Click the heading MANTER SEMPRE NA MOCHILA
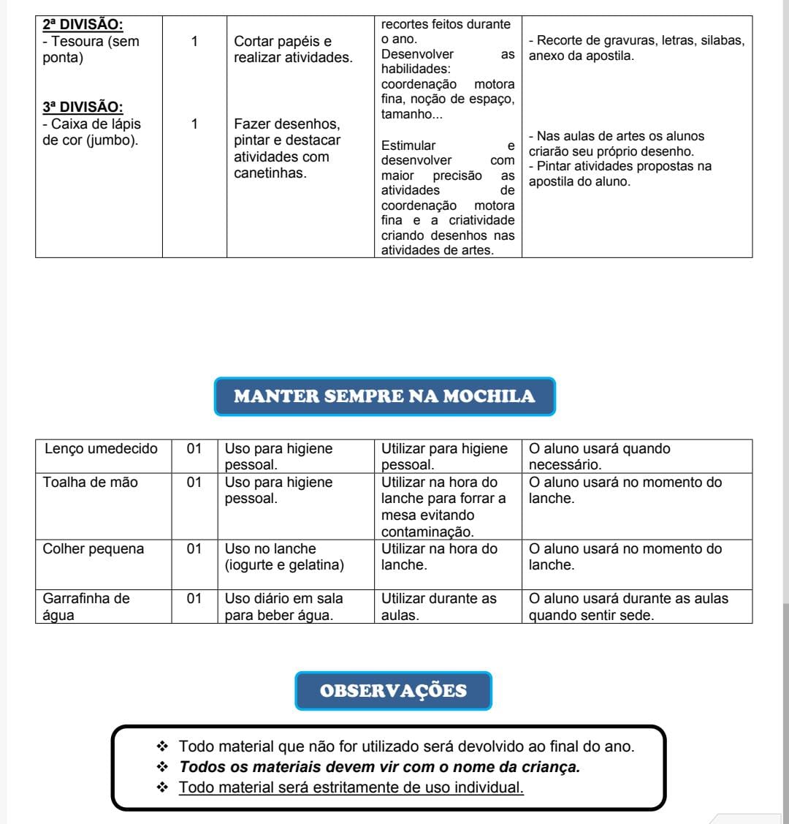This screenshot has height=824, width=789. (384, 396)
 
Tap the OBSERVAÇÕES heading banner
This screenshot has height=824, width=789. (393, 691)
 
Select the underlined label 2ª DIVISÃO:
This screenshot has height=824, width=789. (83, 25)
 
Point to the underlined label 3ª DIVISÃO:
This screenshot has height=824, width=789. (83, 107)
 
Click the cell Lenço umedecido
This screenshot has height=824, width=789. (101, 449)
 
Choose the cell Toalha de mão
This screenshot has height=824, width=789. (91, 483)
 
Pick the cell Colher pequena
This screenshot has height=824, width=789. (94, 549)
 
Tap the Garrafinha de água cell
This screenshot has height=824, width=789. (86, 606)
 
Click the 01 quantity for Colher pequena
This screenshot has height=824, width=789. (194, 549)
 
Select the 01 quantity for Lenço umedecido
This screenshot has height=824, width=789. (194, 449)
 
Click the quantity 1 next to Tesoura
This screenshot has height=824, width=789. (194, 42)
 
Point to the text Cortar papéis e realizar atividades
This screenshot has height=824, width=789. (293, 50)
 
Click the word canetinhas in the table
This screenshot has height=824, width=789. (270, 174)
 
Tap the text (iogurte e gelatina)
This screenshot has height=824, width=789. (284, 565)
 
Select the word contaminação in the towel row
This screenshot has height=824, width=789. (427, 532)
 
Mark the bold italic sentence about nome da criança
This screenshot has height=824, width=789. (379, 767)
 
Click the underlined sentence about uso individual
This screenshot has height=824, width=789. (351, 787)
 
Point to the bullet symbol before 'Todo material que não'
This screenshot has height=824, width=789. (162, 746)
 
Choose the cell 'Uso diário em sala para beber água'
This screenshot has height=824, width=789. (283, 607)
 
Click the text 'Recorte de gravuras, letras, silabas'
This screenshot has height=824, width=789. (636, 41)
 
